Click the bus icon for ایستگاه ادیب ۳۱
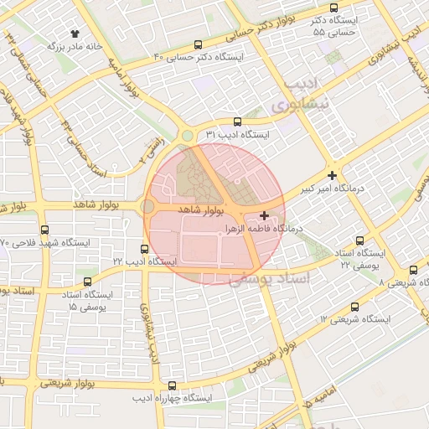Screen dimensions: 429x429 [x=238, y=121]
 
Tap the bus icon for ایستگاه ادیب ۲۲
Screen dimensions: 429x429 [x=145, y=249]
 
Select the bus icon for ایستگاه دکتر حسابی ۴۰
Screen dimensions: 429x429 [x=198, y=45]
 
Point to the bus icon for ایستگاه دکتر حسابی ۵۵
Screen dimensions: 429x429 [x=334, y=8]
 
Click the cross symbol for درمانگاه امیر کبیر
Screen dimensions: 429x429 [x=333, y=176]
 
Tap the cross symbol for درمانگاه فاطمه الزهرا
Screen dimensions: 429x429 [x=265, y=215]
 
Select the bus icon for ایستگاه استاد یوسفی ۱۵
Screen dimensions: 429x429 [x=88, y=282]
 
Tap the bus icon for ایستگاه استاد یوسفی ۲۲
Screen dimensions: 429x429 [x=361, y=240]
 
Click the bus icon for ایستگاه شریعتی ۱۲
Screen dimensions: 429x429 [x=354, y=307]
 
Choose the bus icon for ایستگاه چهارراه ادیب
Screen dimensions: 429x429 [x=172, y=386]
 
